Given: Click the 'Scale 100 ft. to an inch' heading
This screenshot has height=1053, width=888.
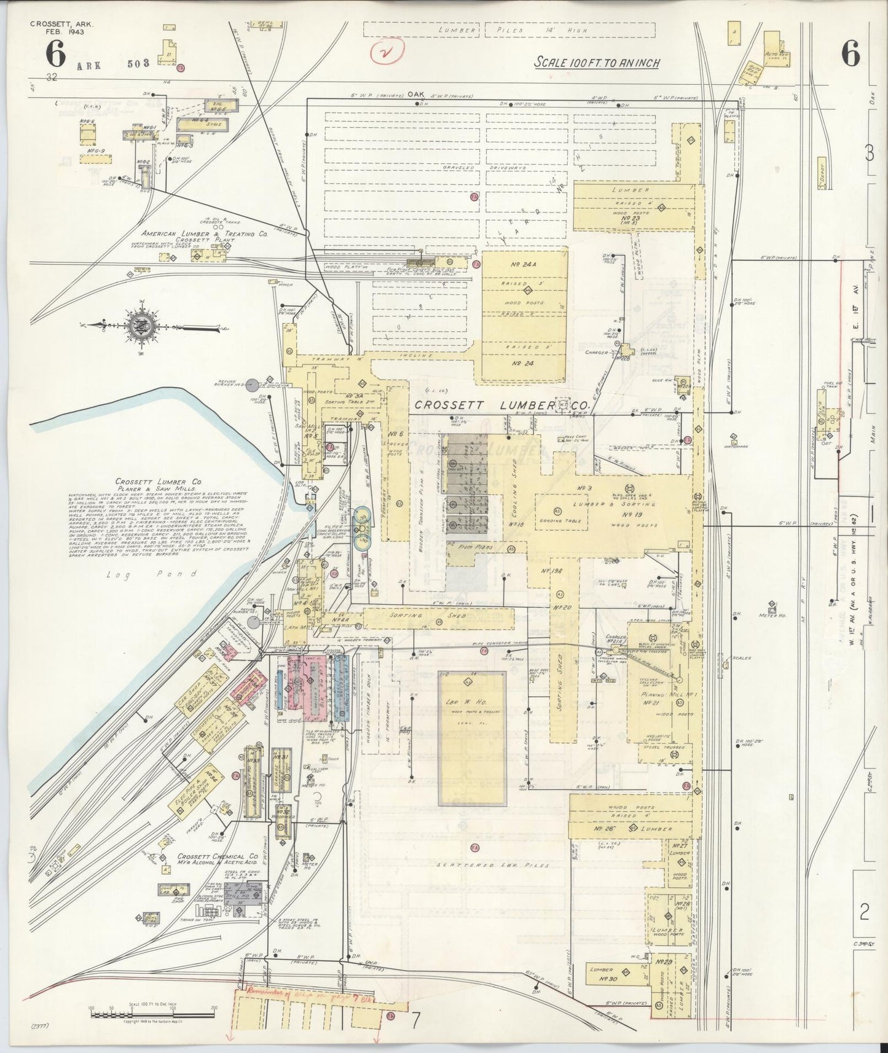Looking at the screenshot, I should (596, 63).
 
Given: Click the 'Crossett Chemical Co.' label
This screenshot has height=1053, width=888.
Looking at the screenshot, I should (218, 856).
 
